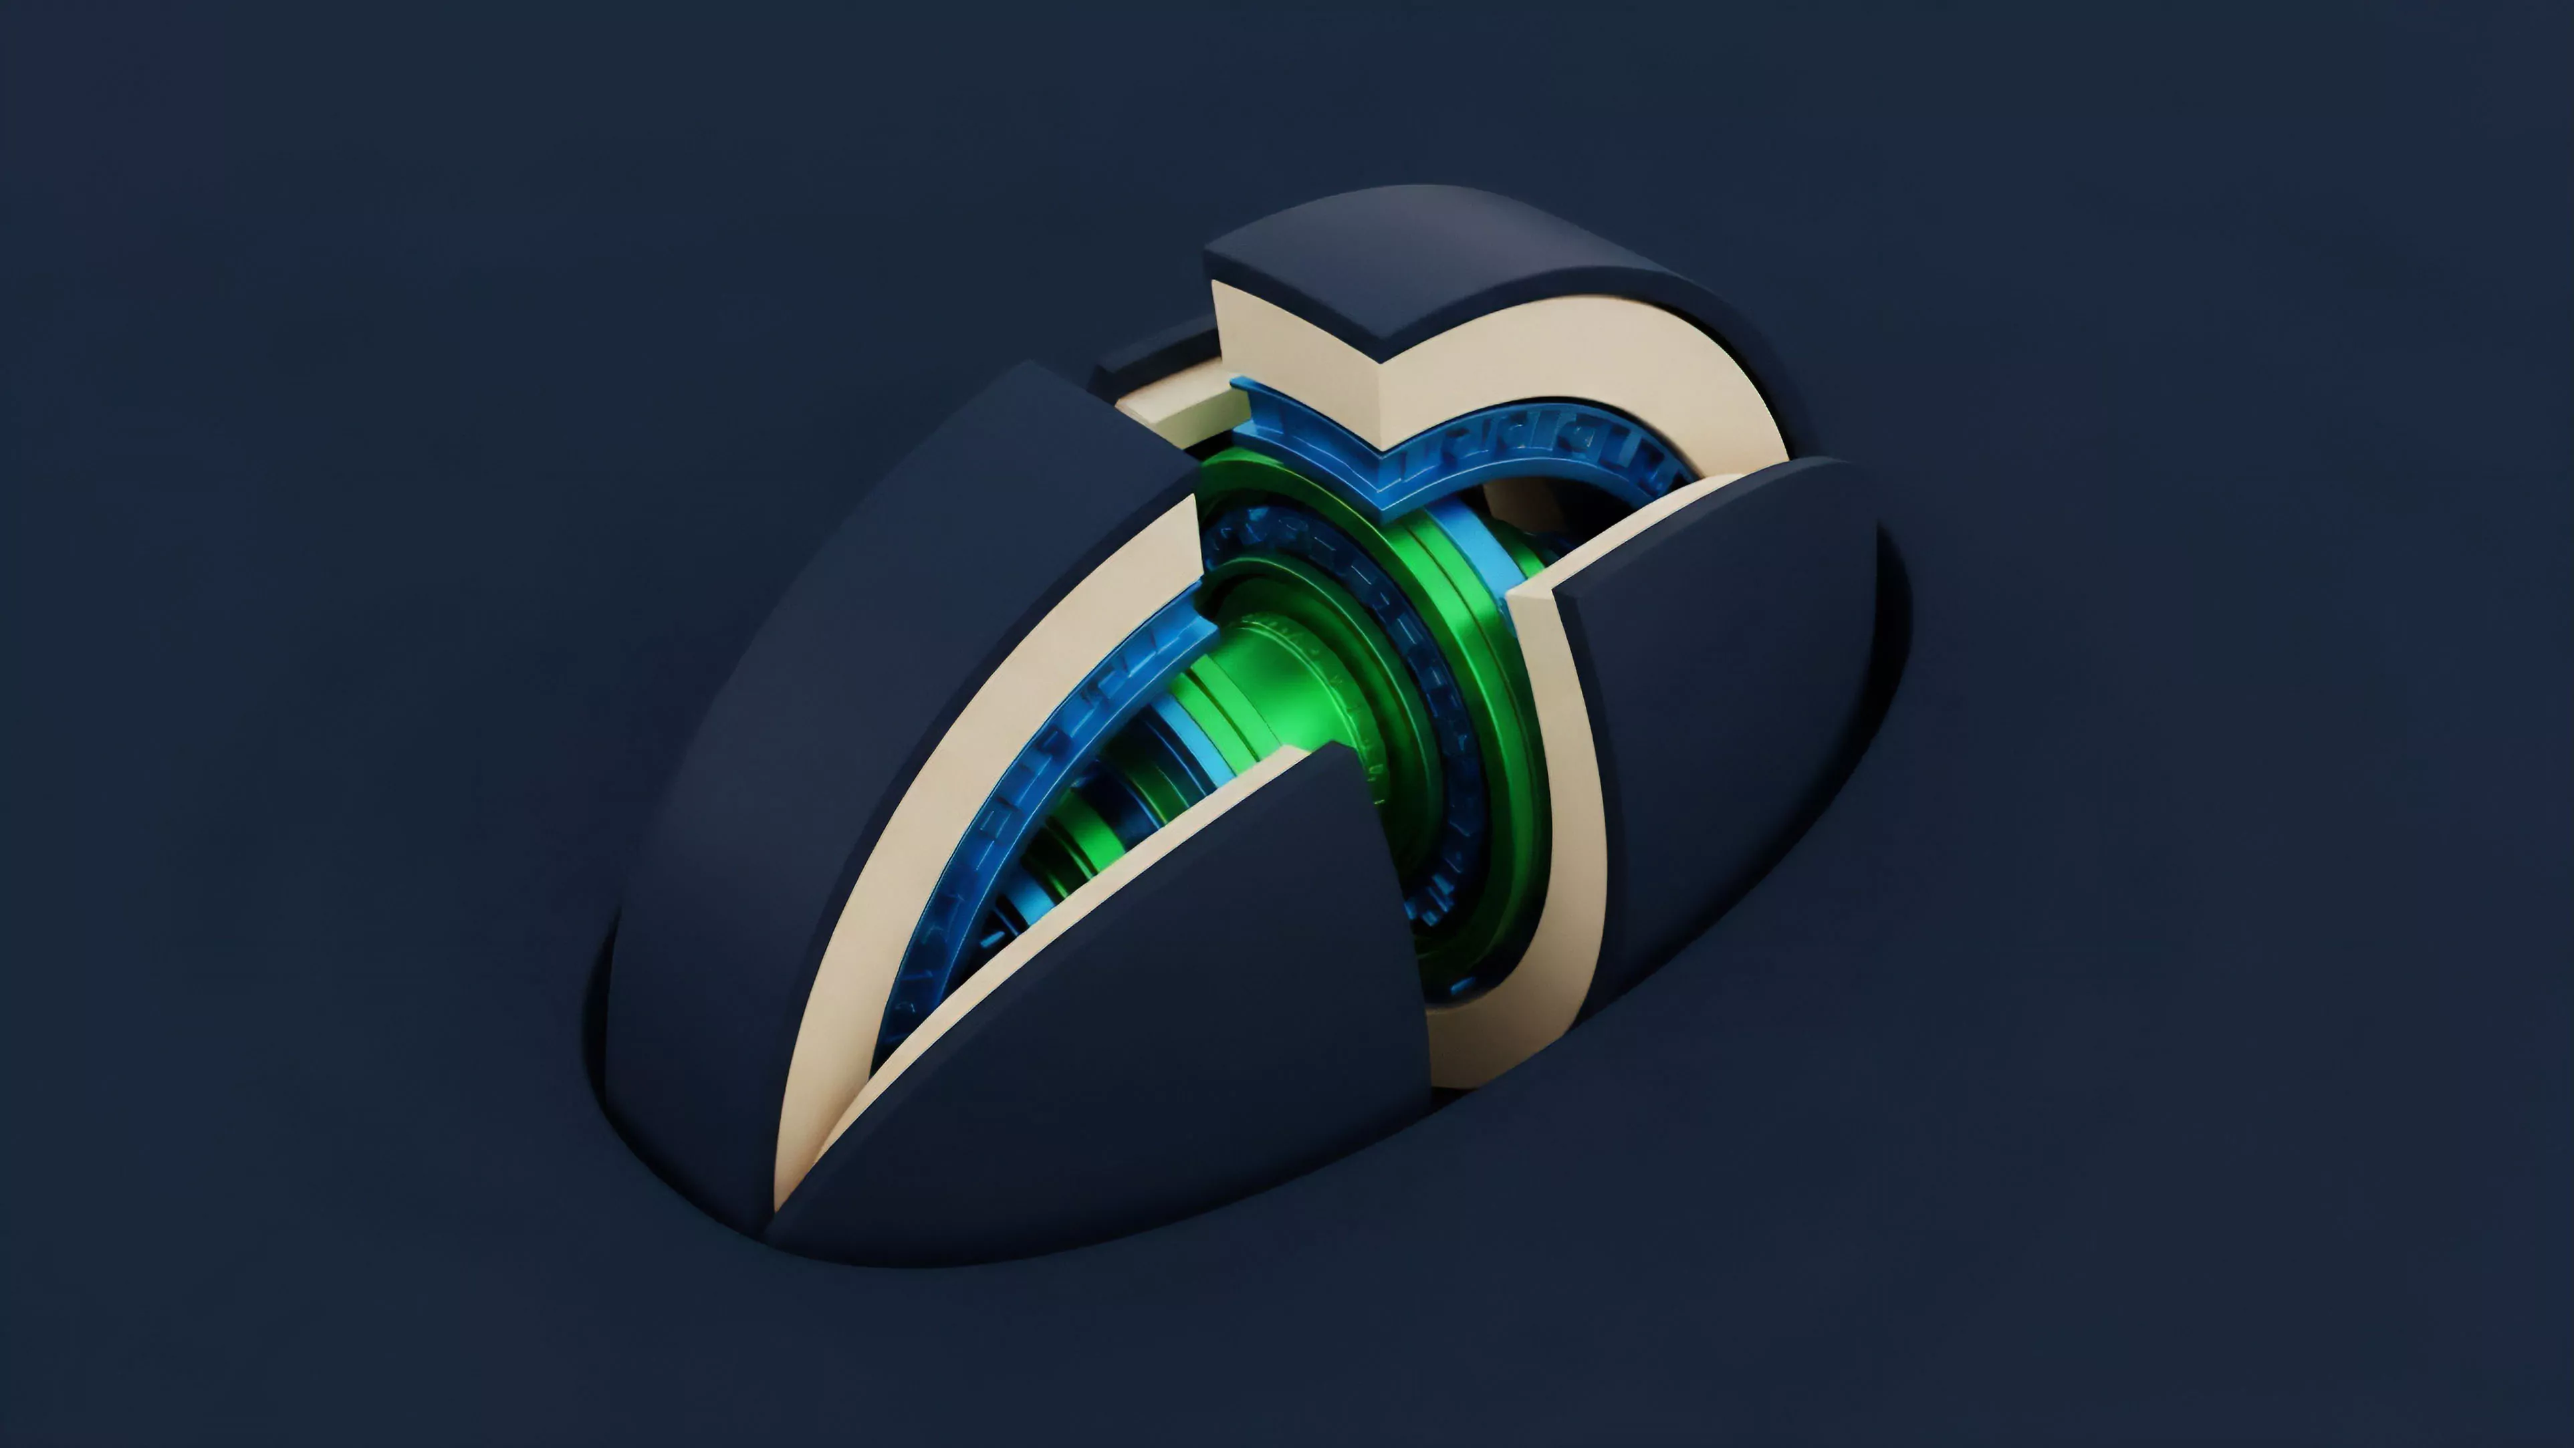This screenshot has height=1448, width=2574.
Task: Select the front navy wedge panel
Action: click(1119, 1050)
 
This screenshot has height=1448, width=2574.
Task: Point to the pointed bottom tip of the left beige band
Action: click(784, 1199)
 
